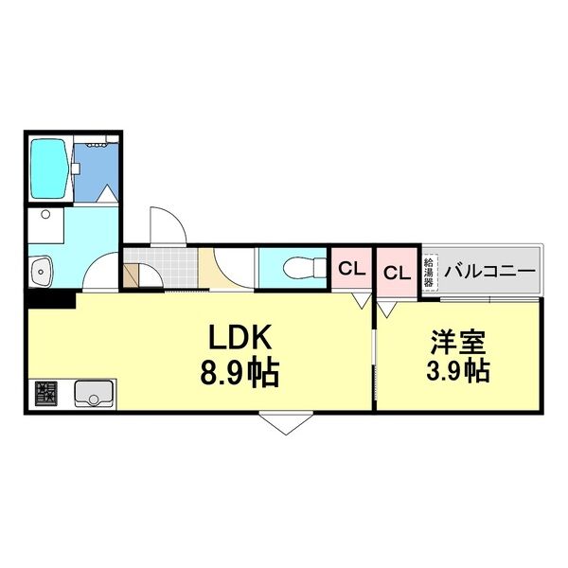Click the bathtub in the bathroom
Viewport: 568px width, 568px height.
coord(49,169)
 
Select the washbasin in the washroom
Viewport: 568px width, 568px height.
coord(40,272)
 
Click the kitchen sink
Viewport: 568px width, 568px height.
coord(94,391)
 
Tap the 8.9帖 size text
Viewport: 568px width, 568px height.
coord(239,372)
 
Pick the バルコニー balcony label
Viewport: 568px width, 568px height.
coord(490,272)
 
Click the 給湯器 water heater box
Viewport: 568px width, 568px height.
coord(429,272)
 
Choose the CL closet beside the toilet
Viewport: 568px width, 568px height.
coord(351,270)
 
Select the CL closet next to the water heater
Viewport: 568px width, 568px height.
coord(396,273)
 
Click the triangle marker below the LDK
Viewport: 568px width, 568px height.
coord(289,422)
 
